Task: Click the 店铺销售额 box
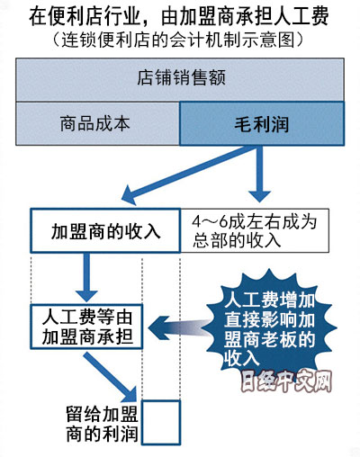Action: [180, 80]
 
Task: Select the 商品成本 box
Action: [97, 123]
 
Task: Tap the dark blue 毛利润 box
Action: [262, 123]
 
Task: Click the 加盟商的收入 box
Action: [105, 230]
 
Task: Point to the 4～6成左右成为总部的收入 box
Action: [255, 230]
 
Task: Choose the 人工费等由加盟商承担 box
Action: [86, 327]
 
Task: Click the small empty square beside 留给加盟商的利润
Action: [161, 422]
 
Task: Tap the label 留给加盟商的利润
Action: [102, 424]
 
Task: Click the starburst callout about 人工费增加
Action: [270, 326]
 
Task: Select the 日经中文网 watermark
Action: [286, 381]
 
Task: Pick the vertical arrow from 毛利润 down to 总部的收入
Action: [259, 174]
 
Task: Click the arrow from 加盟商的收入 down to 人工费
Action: [86, 277]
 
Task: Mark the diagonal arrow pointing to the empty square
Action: [111, 376]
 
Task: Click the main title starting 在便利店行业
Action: [179, 16]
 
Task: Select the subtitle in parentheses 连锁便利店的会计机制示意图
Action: [179, 40]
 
